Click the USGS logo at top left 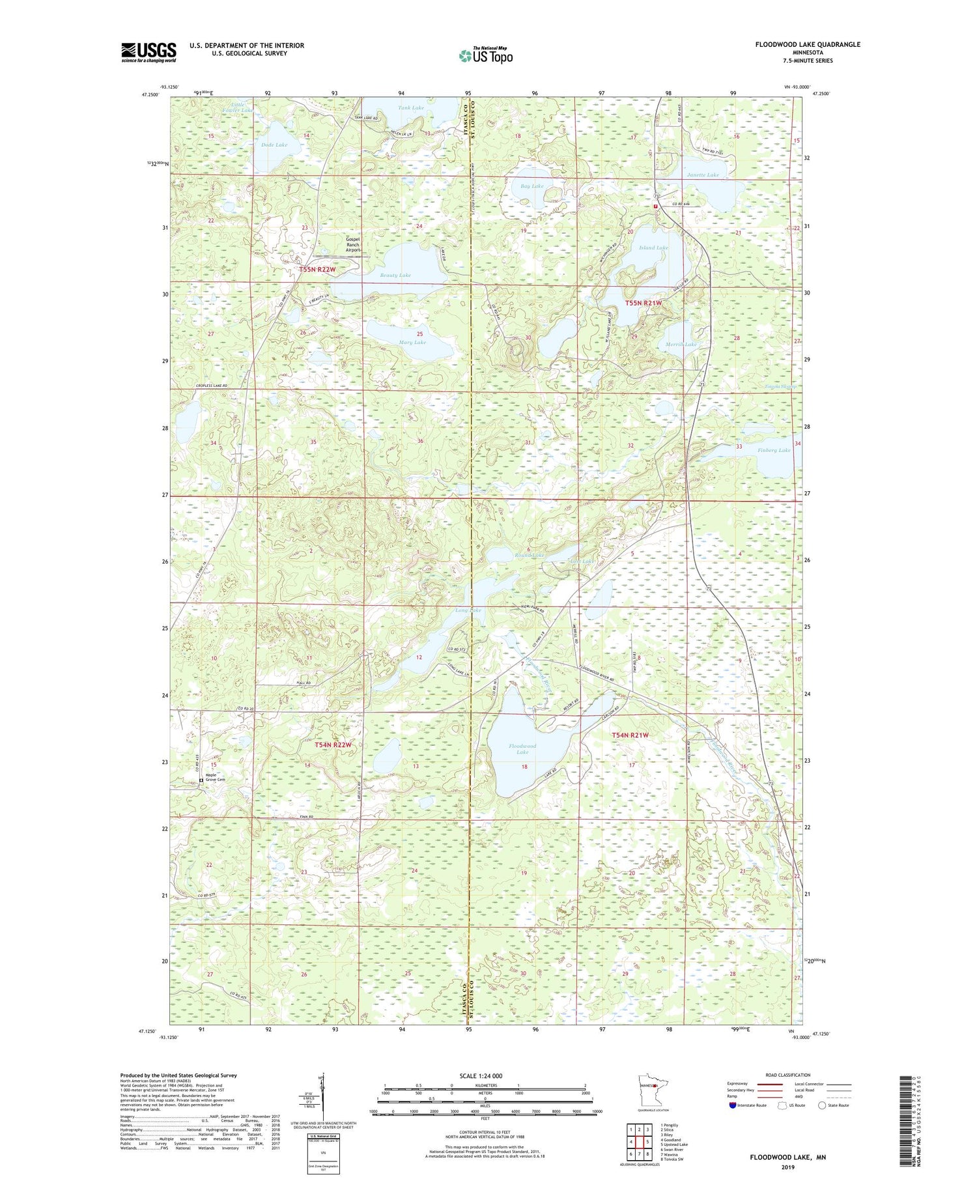pyautogui.click(x=149, y=52)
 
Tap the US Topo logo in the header pyautogui.click(x=485, y=55)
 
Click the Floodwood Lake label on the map pyautogui.click(x=522, y=749)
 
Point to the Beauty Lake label pyautogui.click(x=395, y=276)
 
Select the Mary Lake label pyautogui.click(x=411, y=342)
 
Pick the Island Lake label pyautogui.click(x=653, y=248)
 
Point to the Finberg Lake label pyautogui.click(x=774, y=450)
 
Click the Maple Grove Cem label pyautogui.click(x=215, y=777)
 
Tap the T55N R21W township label pyautogui.click(x=644, y=303)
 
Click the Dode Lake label pyautogui.click(x=274, y=145)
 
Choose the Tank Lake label pyautogui.click(x=411, y=107)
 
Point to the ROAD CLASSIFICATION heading pyautogui.click(x=787, y=1075)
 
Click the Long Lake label pyautogui.click(x=468, y=610)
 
